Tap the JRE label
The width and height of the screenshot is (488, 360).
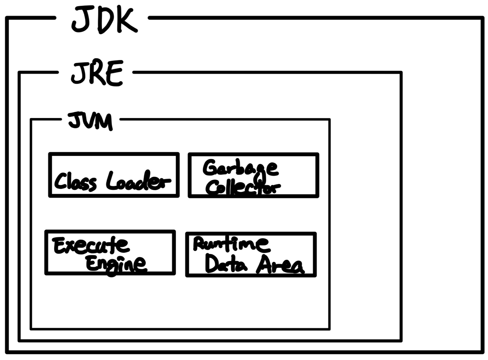[97, 73]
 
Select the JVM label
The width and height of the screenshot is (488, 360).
[90, 121]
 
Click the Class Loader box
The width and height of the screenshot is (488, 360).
[114, 175]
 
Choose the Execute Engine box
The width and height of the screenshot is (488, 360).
[110, 253]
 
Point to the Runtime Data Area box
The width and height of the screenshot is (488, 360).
[251, 255]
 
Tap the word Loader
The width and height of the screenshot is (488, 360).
[138, 181]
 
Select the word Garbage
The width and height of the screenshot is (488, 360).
[241, 168]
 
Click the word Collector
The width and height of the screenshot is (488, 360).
[243, 187]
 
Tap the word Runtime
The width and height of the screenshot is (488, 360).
[231, 243]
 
